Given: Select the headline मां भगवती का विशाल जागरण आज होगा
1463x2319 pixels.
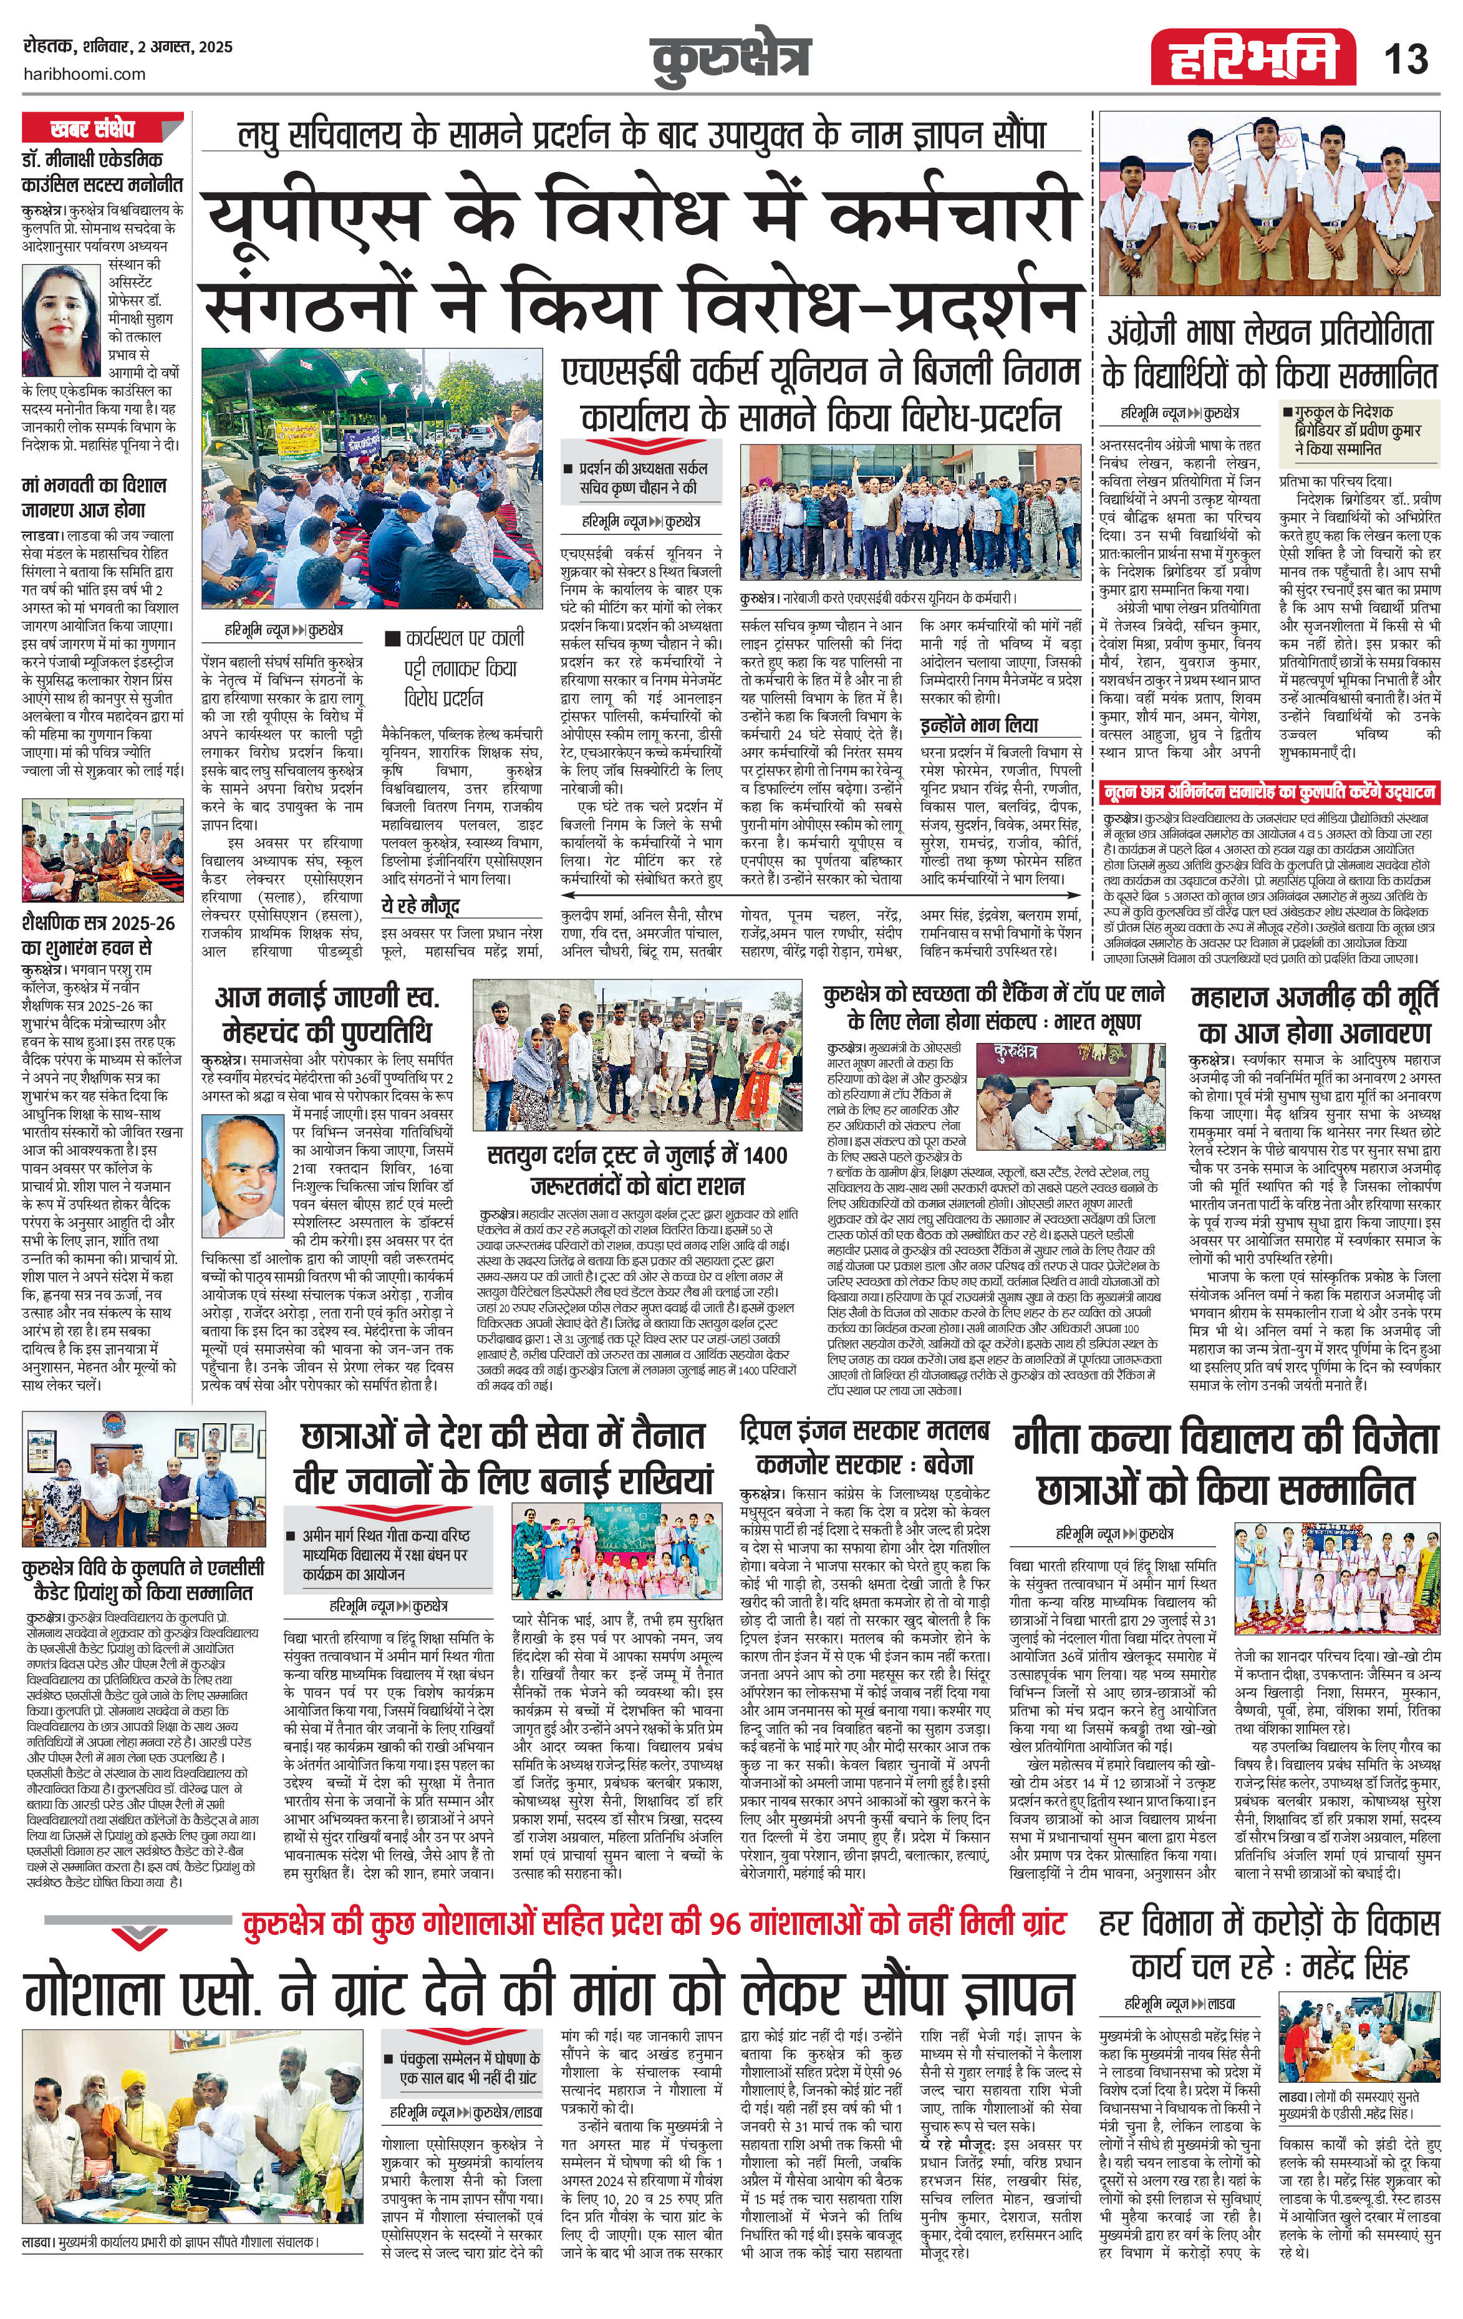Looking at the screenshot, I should click(94, 497).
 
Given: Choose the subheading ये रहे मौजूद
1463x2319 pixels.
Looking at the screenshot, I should click(420, 907).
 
